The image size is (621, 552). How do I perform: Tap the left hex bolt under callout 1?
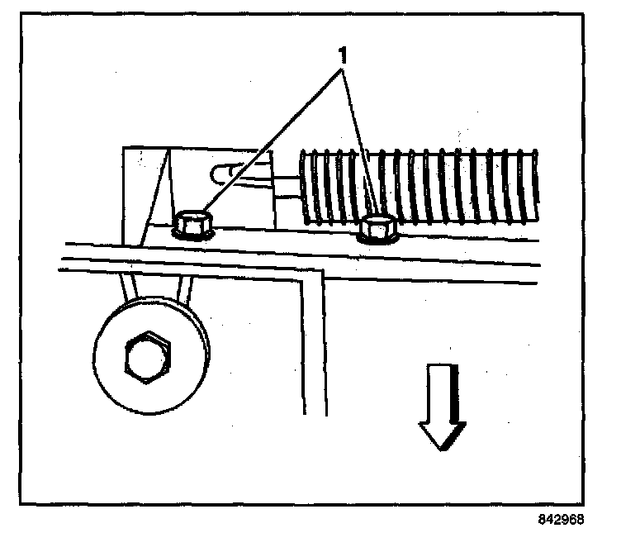coord(192,225)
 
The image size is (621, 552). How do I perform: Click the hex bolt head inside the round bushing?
coord(146,358)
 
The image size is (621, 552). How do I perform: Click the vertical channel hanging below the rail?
coord(313,347)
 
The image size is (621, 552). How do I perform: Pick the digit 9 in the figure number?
coord(561,520)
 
